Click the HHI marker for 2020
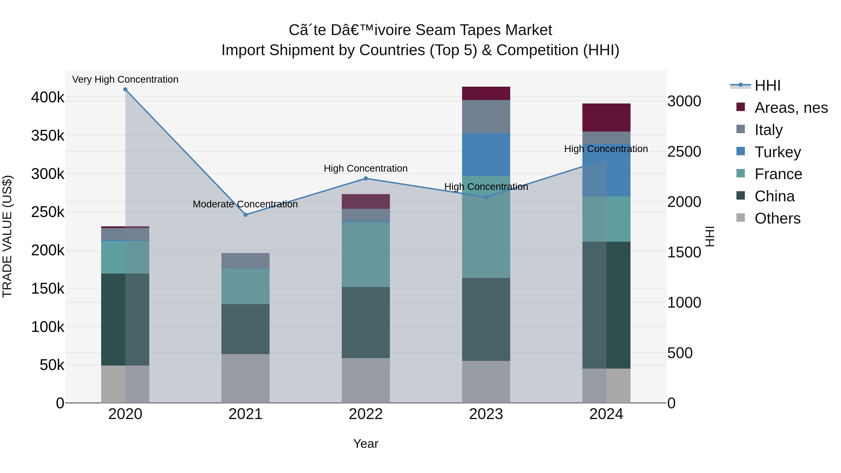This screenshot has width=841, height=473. click(x=125, y=89)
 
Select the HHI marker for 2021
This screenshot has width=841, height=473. click(x=246, y=215)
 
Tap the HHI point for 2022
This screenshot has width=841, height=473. click(x=366, y=178)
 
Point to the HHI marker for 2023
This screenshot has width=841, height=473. click(x=486, y=197)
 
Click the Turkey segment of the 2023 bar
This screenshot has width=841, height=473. click(x=486, y=154)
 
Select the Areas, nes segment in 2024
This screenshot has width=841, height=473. click(x=606, y=117)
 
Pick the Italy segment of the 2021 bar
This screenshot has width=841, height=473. click(x=246, y=261)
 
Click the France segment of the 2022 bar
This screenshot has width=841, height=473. click(x=366, y=255)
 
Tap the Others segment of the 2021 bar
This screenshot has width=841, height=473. click(x=246, y=378)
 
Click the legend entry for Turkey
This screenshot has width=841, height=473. click(x=777, y=152)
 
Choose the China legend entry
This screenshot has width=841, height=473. click(x=774, y=196)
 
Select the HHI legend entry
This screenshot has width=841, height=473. click(x=767, y=85)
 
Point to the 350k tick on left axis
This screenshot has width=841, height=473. click(x=48, y=135)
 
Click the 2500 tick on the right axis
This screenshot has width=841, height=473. click(x=684, y=151)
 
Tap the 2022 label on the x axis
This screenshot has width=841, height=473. click(x=366, y=414)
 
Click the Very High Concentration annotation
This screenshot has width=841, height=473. click(x=125, y=79)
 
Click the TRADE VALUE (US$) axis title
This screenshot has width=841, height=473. click(x=7, y=236)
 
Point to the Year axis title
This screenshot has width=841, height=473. click(x=366, y=444)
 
